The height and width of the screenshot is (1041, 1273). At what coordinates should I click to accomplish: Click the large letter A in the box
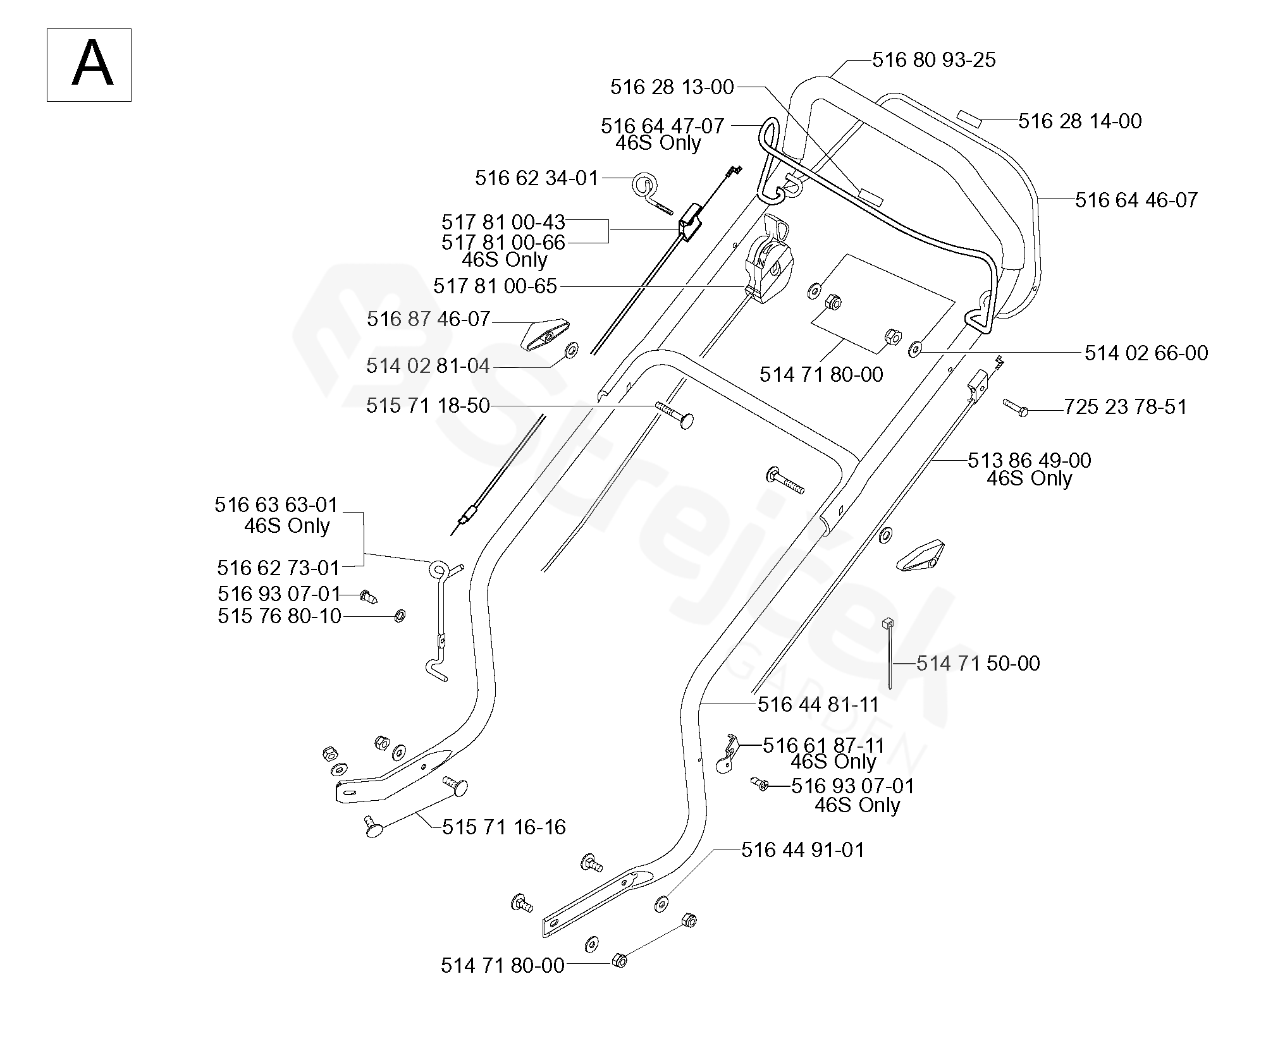coord(92,64)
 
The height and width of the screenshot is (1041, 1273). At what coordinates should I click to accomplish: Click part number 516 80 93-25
coord(933,60)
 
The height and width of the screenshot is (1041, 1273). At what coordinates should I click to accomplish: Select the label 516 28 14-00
coord(1079,121)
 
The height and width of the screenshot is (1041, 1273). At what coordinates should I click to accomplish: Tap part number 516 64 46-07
coord(1136,200)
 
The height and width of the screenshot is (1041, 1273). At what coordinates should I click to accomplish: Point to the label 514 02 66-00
coord(1146,353)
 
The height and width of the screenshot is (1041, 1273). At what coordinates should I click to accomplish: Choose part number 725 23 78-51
coord(1125,407)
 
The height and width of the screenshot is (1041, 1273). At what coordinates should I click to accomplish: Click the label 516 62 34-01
coord(536,178)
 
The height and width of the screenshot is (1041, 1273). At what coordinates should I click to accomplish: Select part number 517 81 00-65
coord(495,286)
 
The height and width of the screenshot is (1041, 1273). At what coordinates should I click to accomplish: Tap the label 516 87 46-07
coord(428,319)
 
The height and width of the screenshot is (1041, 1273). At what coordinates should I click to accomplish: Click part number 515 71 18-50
coord(428,406)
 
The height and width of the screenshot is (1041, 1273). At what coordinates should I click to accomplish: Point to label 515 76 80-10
coord(280,616)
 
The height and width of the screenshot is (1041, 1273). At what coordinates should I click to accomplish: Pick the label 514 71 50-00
coord(978,664)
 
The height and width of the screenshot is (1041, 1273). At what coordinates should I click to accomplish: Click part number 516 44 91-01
coord(803,850)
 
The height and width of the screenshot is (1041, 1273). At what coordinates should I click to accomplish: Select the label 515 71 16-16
coord(503,827)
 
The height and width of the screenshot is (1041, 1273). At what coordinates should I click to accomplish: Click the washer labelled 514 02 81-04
coord(572,350)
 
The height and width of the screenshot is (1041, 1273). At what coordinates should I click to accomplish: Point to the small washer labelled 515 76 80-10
coord(399,616)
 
